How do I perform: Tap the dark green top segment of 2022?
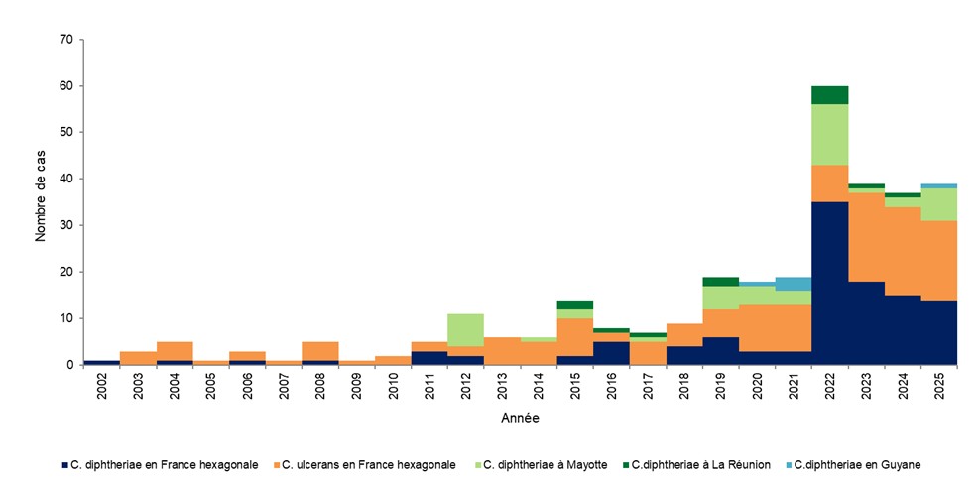[x=830, y=95]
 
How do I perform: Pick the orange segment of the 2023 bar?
[x=867, y=237]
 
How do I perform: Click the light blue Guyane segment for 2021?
[x=794, y=284]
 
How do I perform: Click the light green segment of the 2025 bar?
[x=939, y=204]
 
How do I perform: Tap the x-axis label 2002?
[x=101, y=388]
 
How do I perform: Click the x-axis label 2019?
[x=721, y=388]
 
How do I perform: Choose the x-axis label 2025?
[x=939, y=388]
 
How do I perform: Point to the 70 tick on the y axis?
[x=66, y=40]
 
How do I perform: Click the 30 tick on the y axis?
[x=66, y=225]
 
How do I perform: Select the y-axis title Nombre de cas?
[x=41, y=201]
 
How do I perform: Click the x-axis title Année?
[x=519, y=419]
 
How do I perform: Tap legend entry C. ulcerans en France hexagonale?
[x=368, y=464]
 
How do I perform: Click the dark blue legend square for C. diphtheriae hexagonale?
[x=62, y=464]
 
